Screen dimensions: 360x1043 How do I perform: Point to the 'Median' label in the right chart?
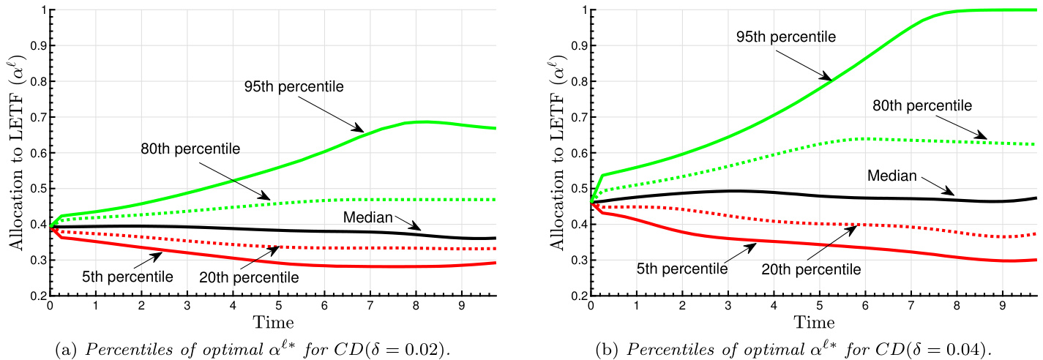tap(891, 176)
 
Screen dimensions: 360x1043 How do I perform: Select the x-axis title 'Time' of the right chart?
tap(814, 322)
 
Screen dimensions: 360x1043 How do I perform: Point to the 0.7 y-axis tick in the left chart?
tap(35, 117)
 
